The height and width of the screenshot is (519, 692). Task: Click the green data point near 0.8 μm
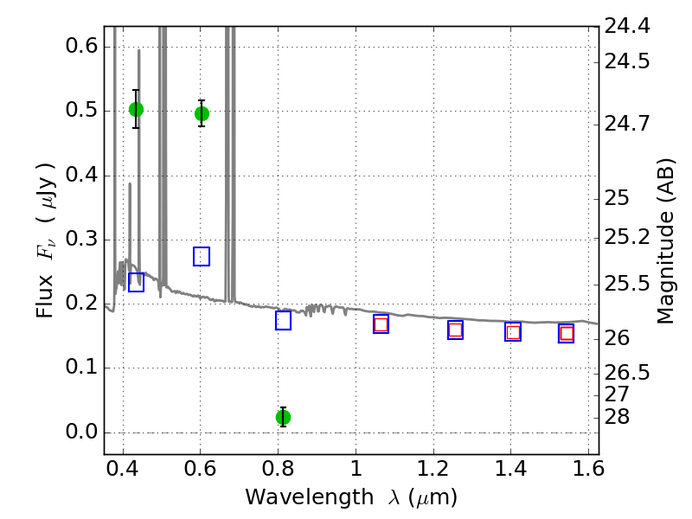[283, 417]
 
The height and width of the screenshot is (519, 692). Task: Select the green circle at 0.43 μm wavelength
[136, 110]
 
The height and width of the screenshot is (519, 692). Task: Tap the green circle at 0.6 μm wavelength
[202, 114]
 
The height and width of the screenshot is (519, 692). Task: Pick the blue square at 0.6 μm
[202, 256]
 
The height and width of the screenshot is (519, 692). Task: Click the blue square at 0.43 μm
[136, 283]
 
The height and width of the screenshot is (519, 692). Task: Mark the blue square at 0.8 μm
[283, 320]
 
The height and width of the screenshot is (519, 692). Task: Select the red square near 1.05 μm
[381, 325]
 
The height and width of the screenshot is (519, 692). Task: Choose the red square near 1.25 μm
[456, 330]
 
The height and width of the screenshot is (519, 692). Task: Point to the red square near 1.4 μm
[513, 332]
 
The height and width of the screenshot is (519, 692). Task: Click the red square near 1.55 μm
[567, 333]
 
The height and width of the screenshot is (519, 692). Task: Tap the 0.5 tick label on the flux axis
[81, 110]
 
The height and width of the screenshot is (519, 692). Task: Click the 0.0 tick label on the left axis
[81, 432]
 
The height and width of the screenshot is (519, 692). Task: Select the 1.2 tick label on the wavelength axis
[433, 469]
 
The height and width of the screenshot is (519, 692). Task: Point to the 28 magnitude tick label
[617, 417]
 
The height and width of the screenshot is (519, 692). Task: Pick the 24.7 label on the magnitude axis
[627, 124]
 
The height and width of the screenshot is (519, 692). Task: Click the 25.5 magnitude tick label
[627, 284]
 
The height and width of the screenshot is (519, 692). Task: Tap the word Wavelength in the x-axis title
[310, 497]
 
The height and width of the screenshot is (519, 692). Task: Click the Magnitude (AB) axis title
[665, 241]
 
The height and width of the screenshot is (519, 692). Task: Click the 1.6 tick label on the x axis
[588, 469]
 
